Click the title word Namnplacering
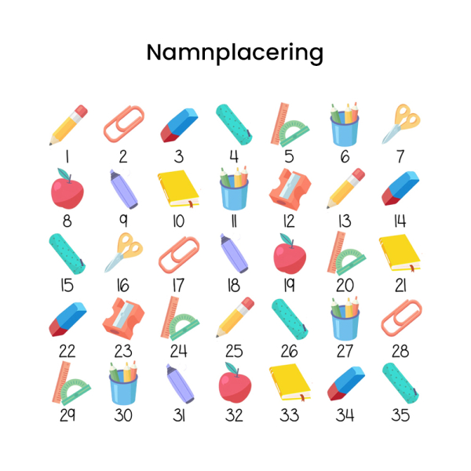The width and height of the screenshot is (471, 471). click(x=235, y=53)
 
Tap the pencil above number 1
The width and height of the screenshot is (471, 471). click(x=69, y=125)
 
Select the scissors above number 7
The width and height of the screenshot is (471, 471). click(x=401, y=124)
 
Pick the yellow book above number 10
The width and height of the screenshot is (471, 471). click(x=178, y=189)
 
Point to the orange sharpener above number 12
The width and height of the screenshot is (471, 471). click(x=290, y=189)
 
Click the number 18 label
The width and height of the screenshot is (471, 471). click(x=234, y=286)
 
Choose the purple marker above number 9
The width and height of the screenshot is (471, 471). click(x=123, y=189)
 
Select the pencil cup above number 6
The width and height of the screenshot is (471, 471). click(x=345, y=125)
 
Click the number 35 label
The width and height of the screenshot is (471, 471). click(x=400, y=415)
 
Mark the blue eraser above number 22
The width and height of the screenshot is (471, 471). click(x=68, y=319)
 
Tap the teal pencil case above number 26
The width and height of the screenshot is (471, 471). click(x=290, y=319)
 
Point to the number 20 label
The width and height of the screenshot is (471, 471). click(x=345, y=286)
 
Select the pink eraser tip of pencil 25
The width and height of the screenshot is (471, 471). click(x=248, y=303)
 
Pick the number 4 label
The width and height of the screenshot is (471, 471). click(x=234, y=156)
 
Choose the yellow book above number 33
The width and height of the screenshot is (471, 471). click(x=290, y=382)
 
